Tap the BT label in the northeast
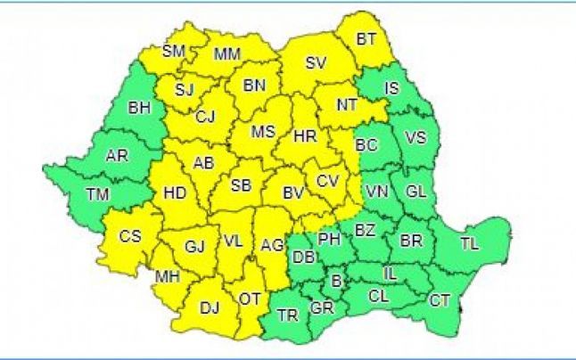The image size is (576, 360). point(366,39)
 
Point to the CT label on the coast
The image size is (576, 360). point(440,300)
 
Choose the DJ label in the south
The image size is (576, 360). point(210,308)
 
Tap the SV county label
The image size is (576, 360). point(316,63)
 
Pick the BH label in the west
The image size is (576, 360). point(140,109)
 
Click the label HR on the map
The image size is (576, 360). point(305,136)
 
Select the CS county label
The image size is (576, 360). point(130,237)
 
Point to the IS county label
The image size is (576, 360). point(391,87)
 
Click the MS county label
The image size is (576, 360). point(262,132)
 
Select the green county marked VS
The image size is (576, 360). point(416,137)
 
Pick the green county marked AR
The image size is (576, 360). point(116,156)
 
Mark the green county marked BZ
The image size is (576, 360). point(365,230)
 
